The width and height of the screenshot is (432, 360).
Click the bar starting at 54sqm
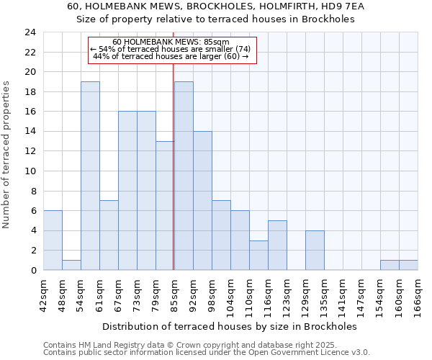tap(90, 176)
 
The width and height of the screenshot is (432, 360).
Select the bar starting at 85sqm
tap(184, 176)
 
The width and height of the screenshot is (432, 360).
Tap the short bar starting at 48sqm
tap(71, 265)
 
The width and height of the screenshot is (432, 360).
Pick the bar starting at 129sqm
tap(315, 250)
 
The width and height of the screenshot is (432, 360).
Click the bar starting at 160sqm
tap(408, 265)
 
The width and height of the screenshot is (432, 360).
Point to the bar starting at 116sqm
tap(277, 245)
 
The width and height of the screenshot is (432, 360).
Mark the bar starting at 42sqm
tap(53, 240)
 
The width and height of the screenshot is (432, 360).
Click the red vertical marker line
tap(174, 166)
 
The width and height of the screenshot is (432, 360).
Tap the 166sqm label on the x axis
tap(418, 295)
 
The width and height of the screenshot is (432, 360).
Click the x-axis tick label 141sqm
tap(343, 295)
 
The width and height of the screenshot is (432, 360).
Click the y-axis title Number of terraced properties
tap(7, 154)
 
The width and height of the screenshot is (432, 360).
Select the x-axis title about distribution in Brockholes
tap(230, 326)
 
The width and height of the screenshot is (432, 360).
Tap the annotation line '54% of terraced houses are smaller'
tap(170, 49)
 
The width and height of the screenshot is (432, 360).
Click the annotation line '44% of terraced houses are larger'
tap(171, 56)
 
